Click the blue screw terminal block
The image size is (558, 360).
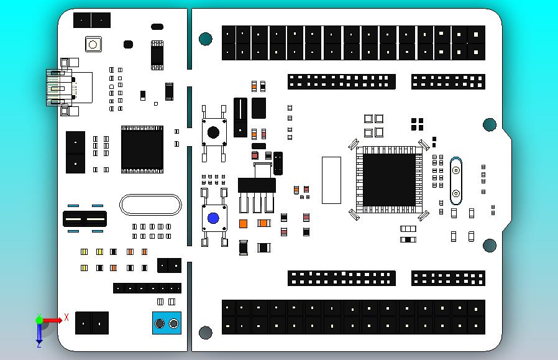click(x=166, y=323)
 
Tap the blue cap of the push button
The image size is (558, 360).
click(x=213, y=218)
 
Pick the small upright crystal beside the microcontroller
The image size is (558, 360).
click(x=455, y=181)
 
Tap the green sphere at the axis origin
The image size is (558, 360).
click(x=39, y=320)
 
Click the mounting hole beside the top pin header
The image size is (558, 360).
click(x=205, y=40)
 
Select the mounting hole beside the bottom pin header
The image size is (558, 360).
click(x=205, y=333)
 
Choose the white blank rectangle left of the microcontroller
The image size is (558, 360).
click(x=331, y=180)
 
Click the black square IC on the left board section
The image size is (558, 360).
click(x=142, y=149)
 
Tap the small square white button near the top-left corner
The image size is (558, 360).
click(x=93, y=44)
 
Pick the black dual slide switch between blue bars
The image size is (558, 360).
click(x=85, y=219)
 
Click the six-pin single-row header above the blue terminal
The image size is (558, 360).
click(x=147, y=288)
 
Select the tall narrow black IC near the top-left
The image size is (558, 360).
click(x=157, y=54)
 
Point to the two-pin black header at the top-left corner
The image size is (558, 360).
click(x=91, y=20)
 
